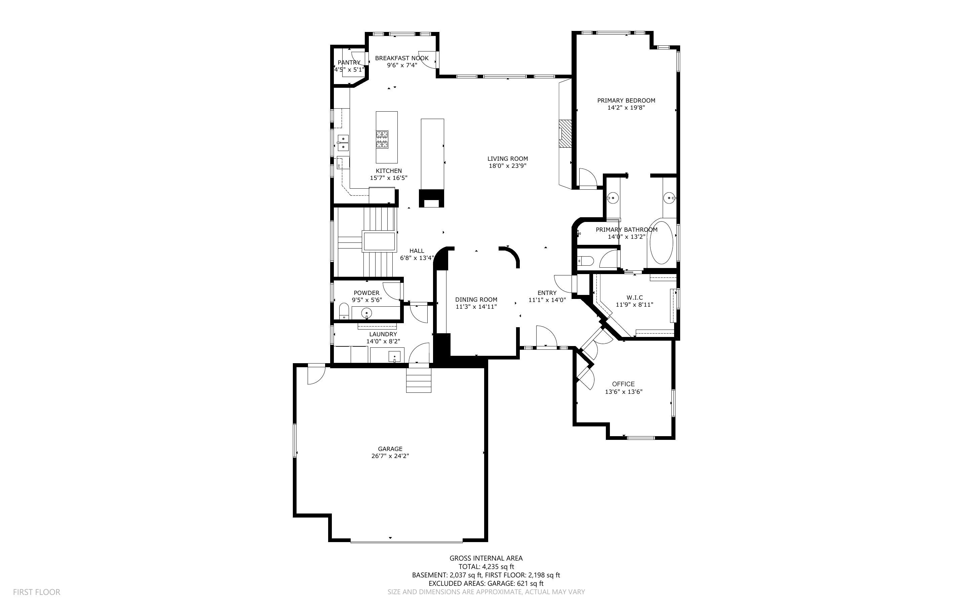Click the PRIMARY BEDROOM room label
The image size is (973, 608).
coord(626,101)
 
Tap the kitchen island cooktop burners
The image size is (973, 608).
coord(382,139)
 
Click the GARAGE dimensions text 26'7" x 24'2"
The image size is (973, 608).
coord(390,456)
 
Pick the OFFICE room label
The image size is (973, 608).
coord(623,384)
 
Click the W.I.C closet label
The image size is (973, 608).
coord(634,298)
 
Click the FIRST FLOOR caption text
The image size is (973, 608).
coord(37,592)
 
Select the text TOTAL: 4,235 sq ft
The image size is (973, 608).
coord(486,567)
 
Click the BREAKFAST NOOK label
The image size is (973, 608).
coord(401,58)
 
